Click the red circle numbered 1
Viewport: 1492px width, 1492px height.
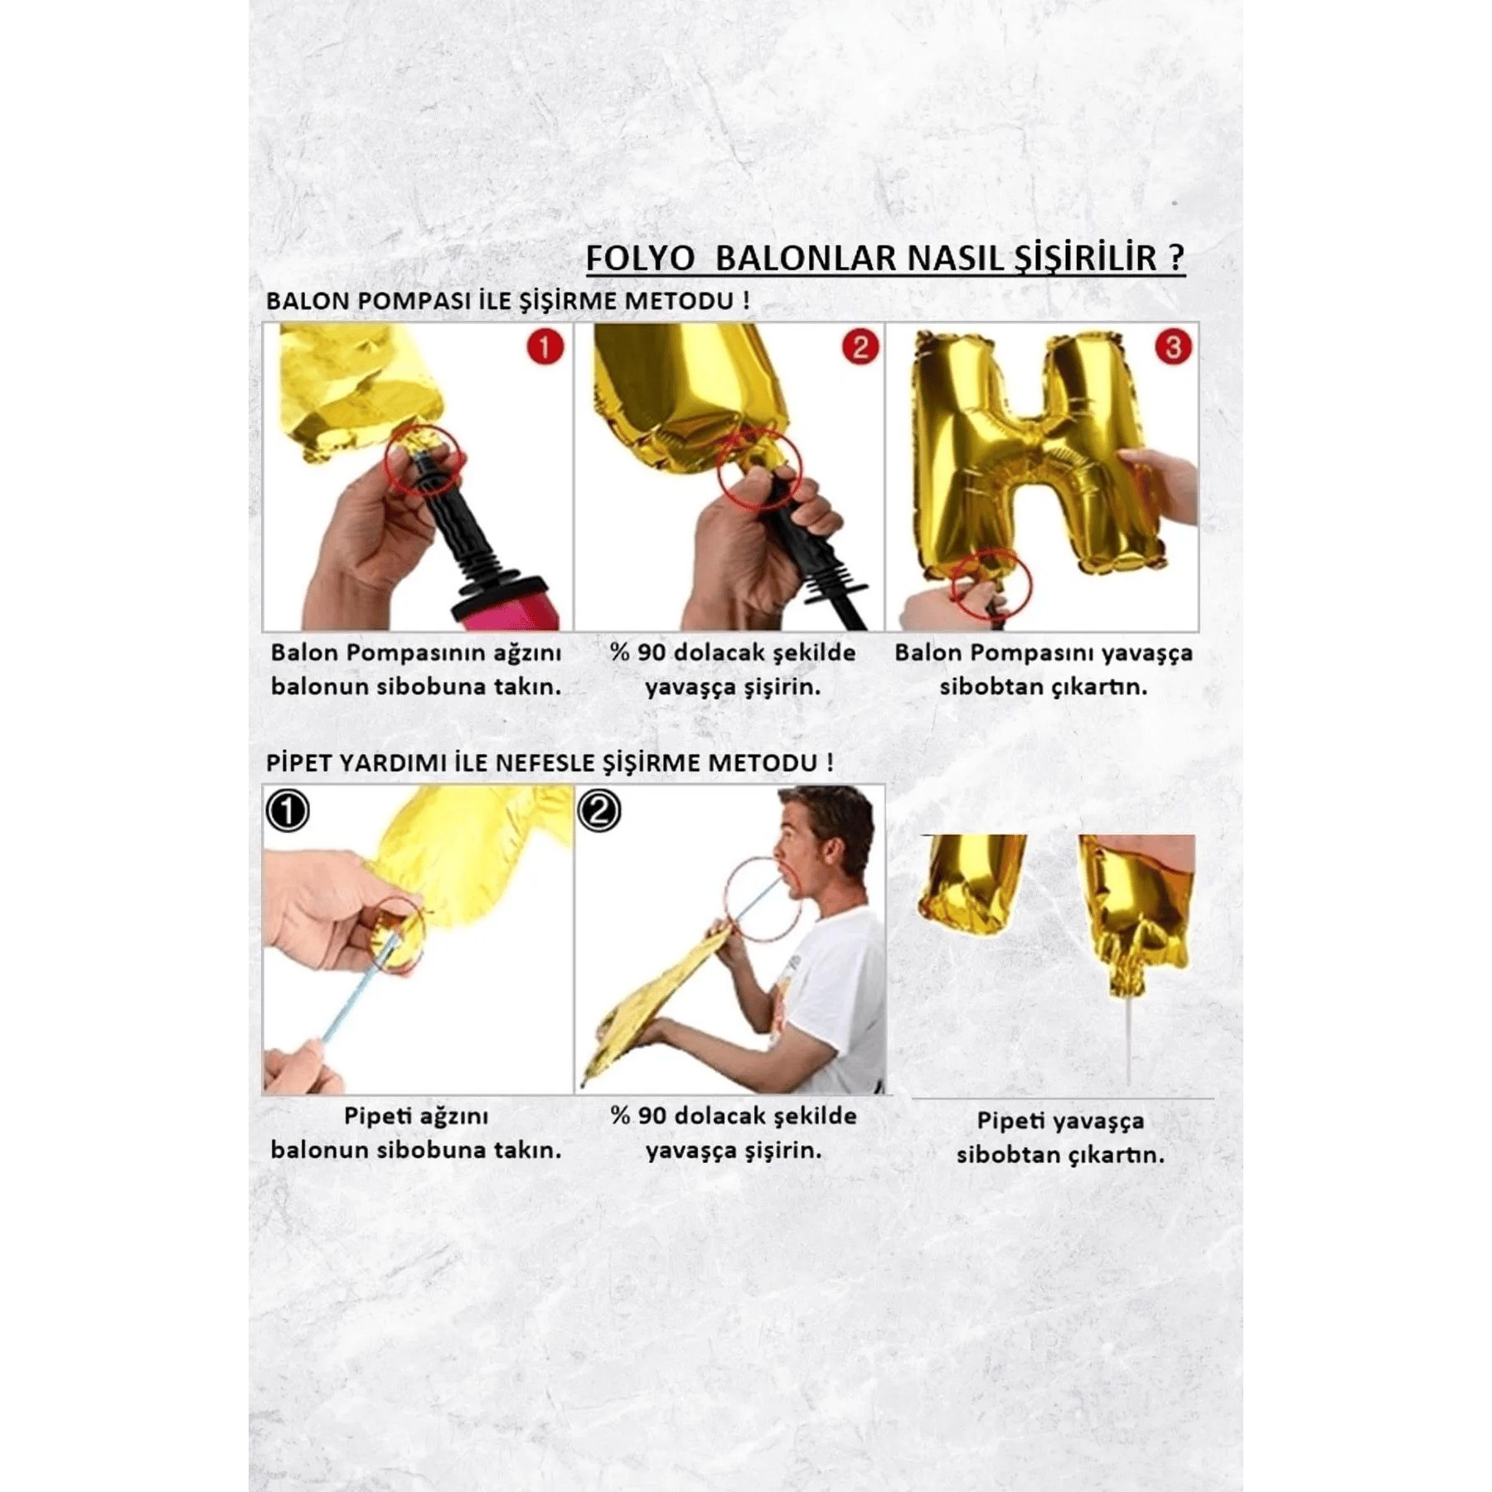coord(545,347)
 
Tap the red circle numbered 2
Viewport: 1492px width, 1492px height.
coord(860,347)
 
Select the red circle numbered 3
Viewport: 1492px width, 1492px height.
coord(1173,347)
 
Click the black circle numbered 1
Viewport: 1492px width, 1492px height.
coord(288,811)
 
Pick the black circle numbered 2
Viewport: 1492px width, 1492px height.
coord(599,811)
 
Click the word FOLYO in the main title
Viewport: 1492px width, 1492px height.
coord(640,258)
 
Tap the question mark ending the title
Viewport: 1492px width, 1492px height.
coord(1176,258)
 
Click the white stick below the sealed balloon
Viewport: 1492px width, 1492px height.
coord(1128,1040)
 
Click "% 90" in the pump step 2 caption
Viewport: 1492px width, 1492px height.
coord(637,652)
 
